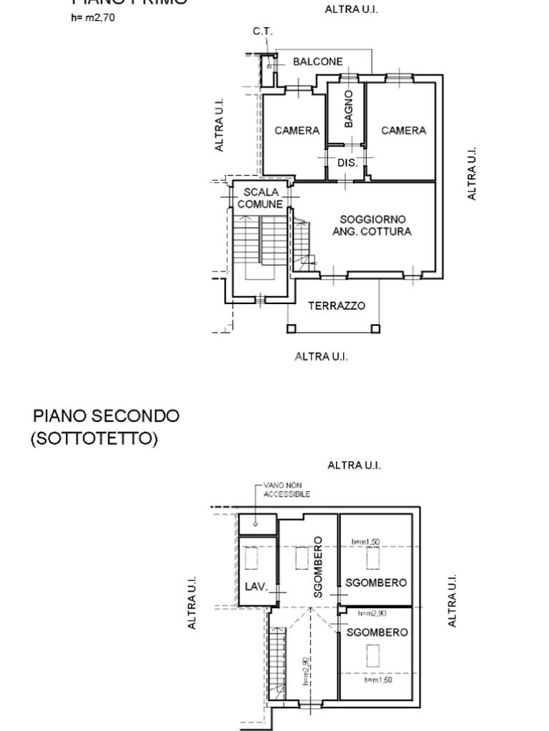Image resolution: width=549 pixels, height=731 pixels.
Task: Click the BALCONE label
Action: (x=317, y=62)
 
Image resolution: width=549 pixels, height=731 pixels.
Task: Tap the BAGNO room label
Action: (x=349, y=108)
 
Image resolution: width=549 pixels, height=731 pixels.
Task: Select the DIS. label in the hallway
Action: (x=347, y=163)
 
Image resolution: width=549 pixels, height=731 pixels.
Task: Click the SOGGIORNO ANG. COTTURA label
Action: (x=372, y=226)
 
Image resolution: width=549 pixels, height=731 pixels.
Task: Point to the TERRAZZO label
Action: (x=337, y=306)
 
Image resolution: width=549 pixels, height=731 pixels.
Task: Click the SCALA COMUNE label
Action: (x=260, y=198)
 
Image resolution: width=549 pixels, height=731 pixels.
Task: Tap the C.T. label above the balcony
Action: (x=262, y=31)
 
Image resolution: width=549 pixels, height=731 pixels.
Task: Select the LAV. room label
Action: (x=256, y=587)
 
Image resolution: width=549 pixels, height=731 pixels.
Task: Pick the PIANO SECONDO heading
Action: (x=107, y=415)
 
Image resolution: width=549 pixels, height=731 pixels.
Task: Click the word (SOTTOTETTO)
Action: (x=94, y=439)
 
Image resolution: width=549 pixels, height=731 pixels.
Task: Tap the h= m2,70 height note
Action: (x=93, y=18)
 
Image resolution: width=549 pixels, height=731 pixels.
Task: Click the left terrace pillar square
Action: (x=291, y=329)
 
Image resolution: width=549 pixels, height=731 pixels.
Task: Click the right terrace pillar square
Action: (x=376, y=329)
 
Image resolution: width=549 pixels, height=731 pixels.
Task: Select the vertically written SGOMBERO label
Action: (x=318, y=567)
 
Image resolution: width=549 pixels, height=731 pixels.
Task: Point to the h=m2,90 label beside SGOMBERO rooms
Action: (x=372, y=613)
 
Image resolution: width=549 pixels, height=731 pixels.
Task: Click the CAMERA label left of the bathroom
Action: (x=297, y=131)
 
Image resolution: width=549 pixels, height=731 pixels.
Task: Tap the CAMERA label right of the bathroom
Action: (x=403, y=131)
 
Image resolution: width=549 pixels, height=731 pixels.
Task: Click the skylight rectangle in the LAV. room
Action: (x=251, y=558)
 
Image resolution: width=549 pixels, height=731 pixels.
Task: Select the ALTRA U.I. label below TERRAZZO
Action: (x=322, y=356)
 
